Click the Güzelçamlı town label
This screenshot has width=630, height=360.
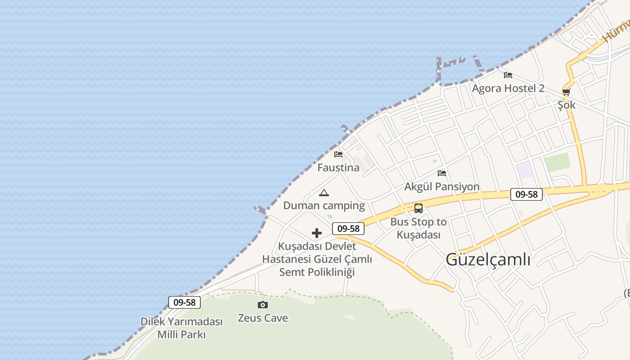[x=488, y=260]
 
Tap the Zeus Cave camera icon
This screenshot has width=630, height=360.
[x=263, y=305]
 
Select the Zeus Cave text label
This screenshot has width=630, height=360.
[x=263, y=318]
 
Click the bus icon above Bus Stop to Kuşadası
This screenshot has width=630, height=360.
[x=418, y=208]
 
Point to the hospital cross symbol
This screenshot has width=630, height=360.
[x=317, y=233]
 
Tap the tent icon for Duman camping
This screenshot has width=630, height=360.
[x=324, y=193]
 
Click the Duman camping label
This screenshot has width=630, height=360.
[x=324, y=206]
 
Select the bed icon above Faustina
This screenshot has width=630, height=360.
[x=338, y=154]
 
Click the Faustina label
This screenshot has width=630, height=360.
[x=338, y=168]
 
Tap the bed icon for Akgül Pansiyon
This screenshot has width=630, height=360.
[x=442, y=173]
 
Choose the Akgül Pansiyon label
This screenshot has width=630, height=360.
[x=442, y=187]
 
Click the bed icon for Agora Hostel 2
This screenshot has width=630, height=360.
[x=508, y=75]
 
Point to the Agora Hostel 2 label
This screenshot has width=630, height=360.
[x=508, y=88]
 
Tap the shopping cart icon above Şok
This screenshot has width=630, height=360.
[x=566, y=92]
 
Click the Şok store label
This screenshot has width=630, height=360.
[x=567, y=105]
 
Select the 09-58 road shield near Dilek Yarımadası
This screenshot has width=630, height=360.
[x=184, y=302]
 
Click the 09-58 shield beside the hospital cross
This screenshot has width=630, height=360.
[x=348, y=229]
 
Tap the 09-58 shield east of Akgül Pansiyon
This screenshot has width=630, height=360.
[x=526, y=194]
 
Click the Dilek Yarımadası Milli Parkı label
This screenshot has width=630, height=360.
[x=181, y=328]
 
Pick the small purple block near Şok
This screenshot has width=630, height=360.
[x=525, y=171]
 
